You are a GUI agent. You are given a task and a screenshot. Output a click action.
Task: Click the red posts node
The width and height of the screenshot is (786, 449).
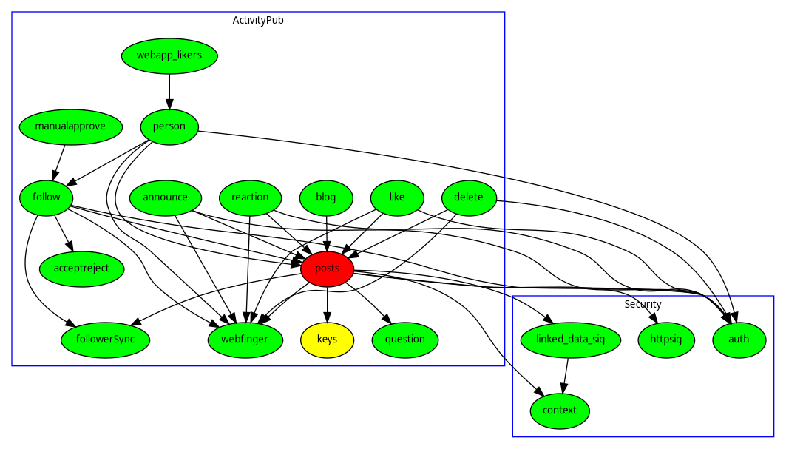point(328,269)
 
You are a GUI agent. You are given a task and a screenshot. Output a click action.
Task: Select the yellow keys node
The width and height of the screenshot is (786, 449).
point(328,340)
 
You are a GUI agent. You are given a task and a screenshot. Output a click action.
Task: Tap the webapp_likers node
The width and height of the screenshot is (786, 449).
point(169,55)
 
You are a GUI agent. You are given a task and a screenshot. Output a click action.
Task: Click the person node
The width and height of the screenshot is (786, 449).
point(169,126)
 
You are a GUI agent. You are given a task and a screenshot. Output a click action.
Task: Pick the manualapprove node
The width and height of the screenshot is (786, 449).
point(70,126)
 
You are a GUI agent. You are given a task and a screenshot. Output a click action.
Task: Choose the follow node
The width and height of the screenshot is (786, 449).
point(47,198)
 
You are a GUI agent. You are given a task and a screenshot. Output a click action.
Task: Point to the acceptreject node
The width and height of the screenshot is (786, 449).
point(81,269)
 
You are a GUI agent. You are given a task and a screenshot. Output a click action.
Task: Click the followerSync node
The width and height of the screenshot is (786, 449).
point(105,340)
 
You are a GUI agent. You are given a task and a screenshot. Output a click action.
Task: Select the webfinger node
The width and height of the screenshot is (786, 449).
point(245,340)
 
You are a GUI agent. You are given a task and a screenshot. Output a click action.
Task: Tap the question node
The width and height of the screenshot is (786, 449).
point(405,340)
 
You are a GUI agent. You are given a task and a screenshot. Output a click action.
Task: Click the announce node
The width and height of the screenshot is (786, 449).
point(166,198)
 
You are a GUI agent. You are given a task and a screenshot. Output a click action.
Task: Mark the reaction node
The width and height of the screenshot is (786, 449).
point(250,198)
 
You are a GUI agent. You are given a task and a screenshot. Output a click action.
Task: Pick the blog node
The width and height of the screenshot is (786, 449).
point(326,198)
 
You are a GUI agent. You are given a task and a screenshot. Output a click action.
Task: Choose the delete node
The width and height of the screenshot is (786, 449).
point(469,198)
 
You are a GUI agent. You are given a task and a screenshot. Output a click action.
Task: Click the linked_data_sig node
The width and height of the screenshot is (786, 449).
point(569,340)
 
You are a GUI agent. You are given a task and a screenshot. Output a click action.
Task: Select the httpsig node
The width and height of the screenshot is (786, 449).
point(665,340)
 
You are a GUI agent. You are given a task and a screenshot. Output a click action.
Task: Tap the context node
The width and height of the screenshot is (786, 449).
point(560,411)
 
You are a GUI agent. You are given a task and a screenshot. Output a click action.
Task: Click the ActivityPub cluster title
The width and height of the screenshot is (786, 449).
point(258,20)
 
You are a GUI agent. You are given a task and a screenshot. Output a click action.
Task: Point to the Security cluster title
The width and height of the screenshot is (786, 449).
point(643,304)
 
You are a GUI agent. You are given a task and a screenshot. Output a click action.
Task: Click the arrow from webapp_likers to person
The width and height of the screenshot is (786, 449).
point(169,91)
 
